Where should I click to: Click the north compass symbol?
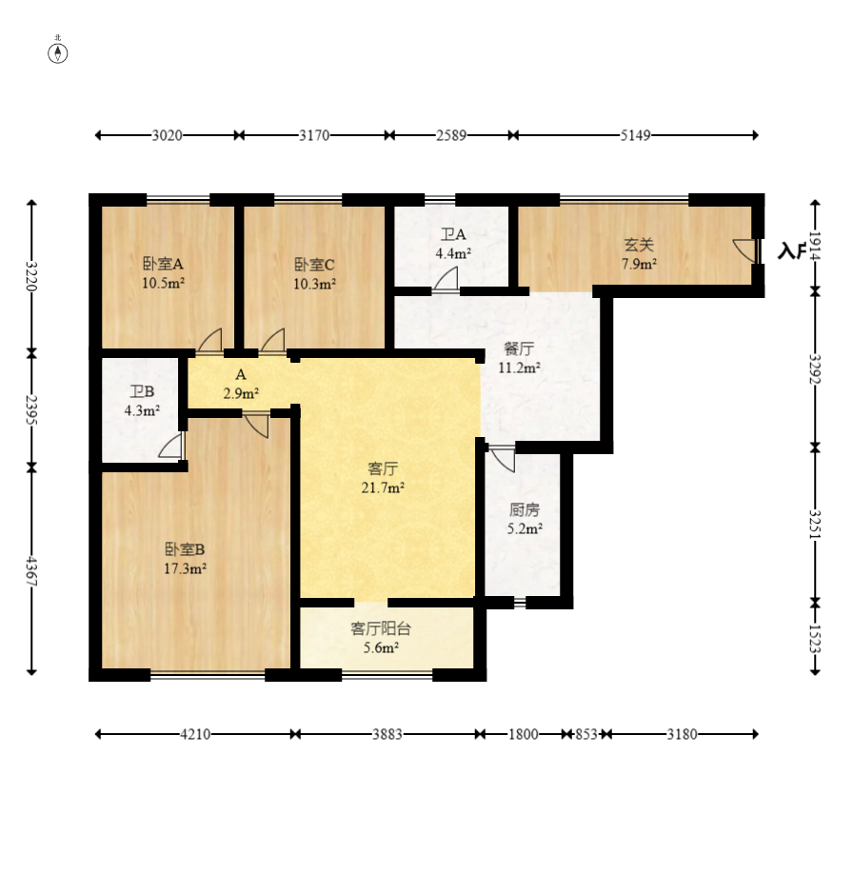coord(57,53)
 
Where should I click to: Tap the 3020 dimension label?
coord(168,135)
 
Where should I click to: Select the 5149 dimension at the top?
coord(635,135)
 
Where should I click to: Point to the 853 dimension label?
coord(586,734)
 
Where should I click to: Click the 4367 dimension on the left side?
coord(31,570)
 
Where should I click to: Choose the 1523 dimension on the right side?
coord(815,638)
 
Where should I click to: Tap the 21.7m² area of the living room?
coord(383,487)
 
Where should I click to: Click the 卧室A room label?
coord(163,264)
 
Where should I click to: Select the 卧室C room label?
coord(315,265)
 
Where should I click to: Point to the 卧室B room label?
coord(185,549)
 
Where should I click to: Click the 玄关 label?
coord(639,245)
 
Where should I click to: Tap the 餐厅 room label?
coord(519,348)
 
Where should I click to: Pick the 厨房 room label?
coord(525,509)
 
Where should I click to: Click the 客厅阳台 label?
coord(381,629)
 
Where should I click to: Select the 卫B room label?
coord(142,391)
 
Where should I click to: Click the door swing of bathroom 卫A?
coord(446,279)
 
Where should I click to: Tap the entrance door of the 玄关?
coord(745,250)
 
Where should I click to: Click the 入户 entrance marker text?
coord(792,251)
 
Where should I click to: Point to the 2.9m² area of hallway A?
coord(241,393)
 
